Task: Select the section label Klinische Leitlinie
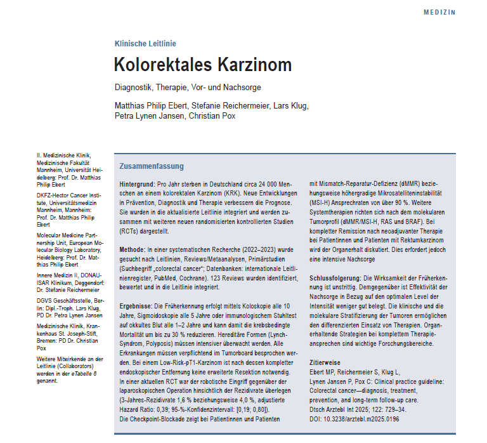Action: [x=145, y=44]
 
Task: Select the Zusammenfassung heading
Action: [x=152, y=166]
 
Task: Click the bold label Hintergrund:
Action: [x=138, y=183]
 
